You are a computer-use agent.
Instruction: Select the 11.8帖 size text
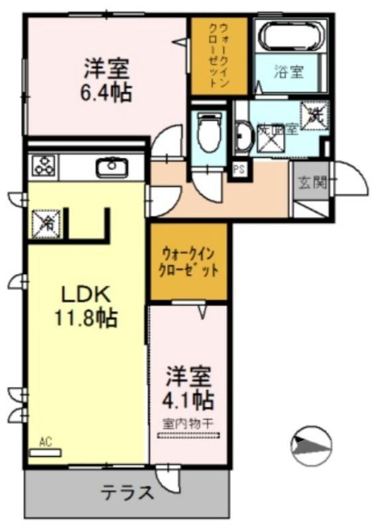(86, 319)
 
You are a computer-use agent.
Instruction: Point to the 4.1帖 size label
(189, 400)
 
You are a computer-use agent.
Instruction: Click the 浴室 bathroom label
(289, 71)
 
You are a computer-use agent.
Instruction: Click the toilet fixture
(209, 133)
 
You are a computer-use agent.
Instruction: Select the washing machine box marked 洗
(313, 115)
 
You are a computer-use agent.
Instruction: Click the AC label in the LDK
(45, 441)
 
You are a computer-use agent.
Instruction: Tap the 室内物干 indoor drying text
(189, 423)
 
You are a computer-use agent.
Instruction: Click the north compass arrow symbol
(311, 443)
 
